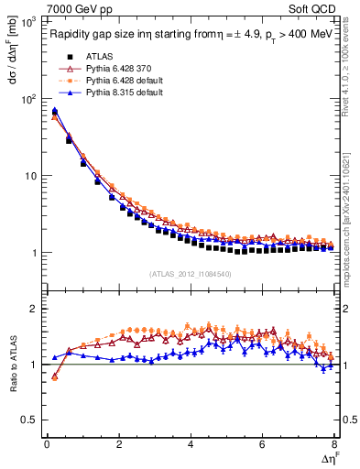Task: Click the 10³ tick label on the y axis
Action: pos(28,20)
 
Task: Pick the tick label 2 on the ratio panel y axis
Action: pos(35,309)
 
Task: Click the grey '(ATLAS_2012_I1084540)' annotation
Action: pos(190,273)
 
